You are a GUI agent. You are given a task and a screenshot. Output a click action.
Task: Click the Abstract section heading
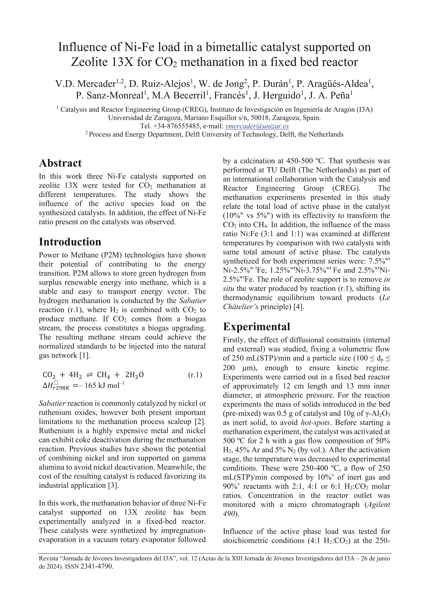tap(60, 163)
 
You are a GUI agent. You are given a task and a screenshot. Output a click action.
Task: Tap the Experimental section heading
tap(256, 327)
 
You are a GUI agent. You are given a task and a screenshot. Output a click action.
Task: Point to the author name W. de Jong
tap(221, 84)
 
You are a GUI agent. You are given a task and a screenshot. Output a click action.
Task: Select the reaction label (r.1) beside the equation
tap(195, 375)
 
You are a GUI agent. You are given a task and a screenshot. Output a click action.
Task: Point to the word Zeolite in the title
tap(89, 62)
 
